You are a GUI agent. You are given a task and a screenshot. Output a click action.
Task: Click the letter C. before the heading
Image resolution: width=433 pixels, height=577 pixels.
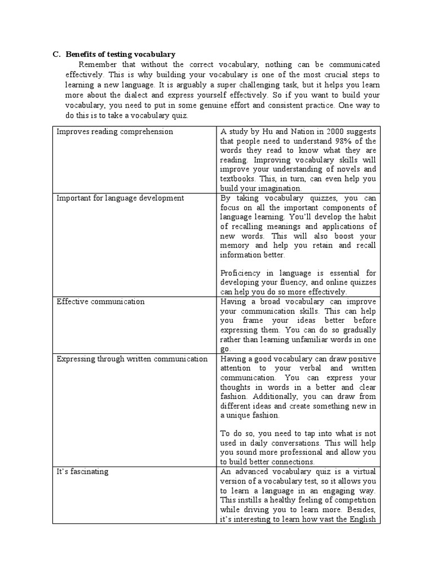[56, 55]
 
